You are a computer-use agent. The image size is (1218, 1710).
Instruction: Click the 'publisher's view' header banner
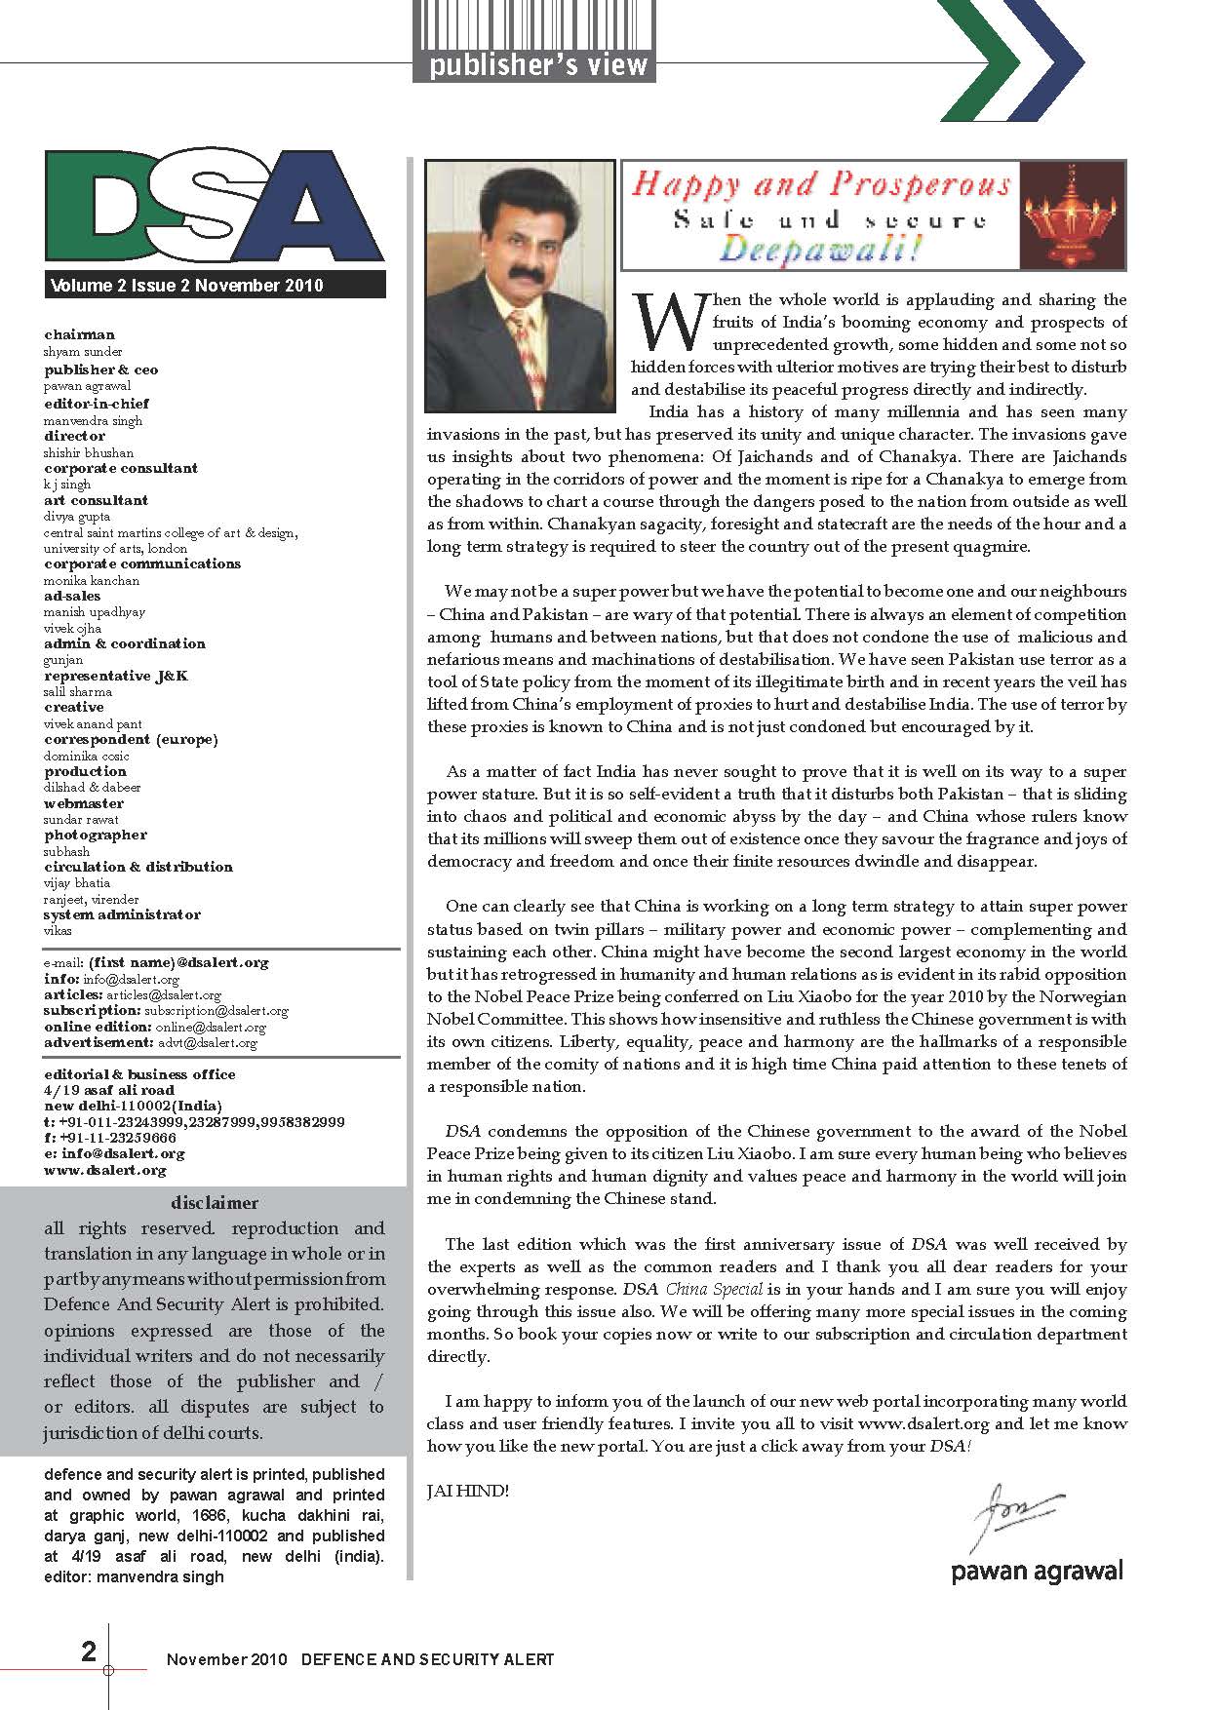click(x=534, y=65)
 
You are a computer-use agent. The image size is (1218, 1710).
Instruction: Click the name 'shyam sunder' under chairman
click(x=83, y=352)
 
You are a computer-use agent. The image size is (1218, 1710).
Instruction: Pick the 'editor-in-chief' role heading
click(x=97, y=404)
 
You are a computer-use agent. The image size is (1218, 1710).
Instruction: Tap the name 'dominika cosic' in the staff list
click(x=87, y=756)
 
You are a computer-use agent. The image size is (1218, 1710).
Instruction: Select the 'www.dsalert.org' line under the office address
click(x=105, y=1170)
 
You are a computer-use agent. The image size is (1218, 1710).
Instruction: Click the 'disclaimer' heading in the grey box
click(x=215, y=1203)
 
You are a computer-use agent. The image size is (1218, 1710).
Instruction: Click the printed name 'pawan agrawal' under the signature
click(x=1037, y=1571)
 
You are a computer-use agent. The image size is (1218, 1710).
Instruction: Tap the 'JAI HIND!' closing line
click(x=468, y=1492)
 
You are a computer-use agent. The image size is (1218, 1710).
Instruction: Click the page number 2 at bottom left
click(x=89, y=1651)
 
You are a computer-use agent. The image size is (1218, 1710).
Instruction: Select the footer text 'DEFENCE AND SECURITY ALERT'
click(x=427, y=1659)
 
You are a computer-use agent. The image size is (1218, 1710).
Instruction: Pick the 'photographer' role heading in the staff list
click(x=96, y=836)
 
